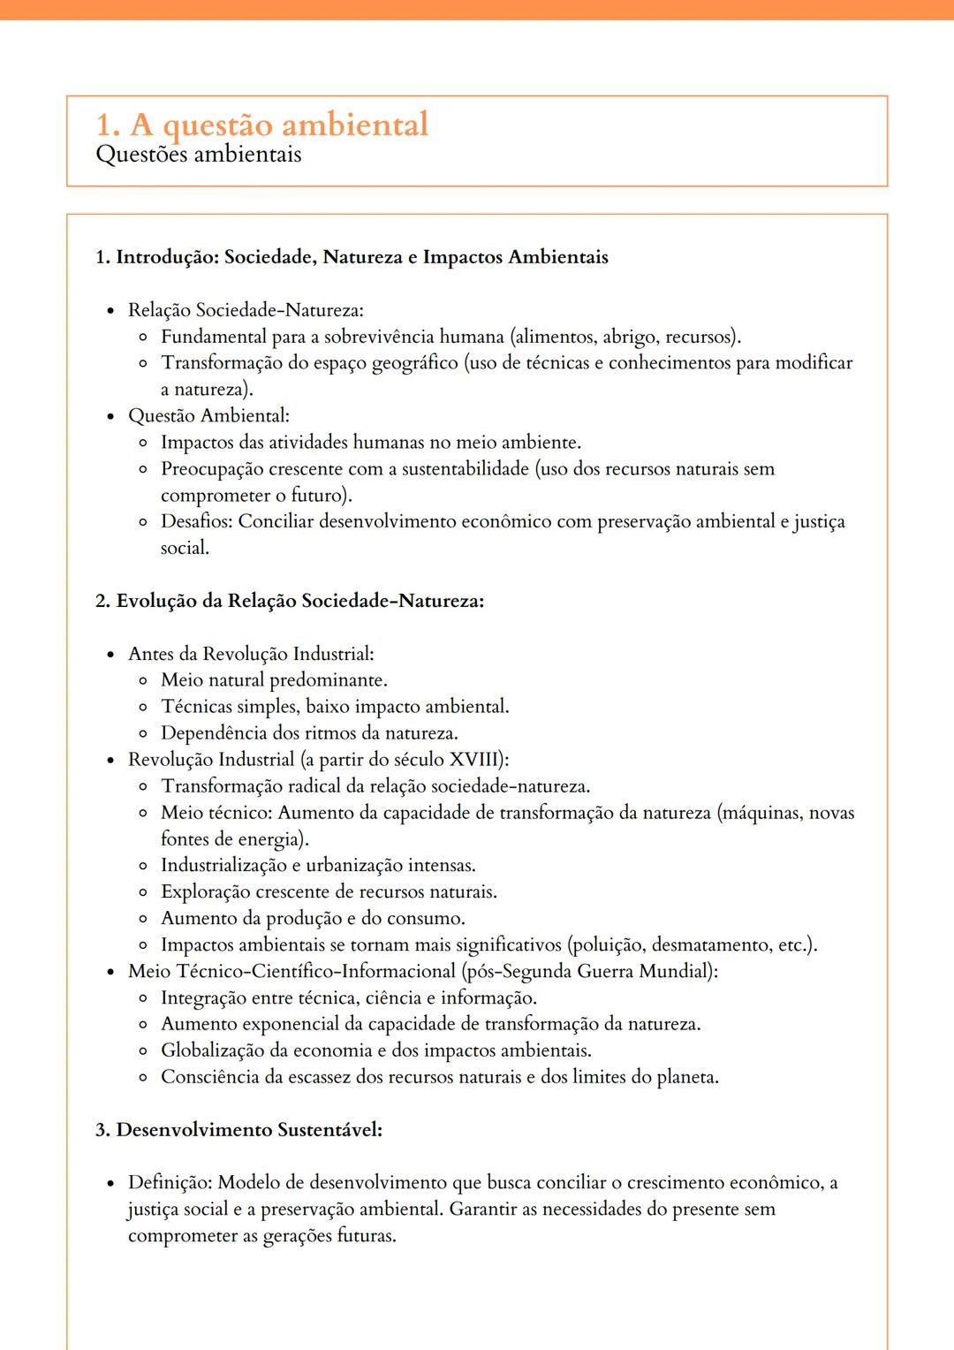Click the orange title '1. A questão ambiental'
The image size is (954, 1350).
tap(261, 125)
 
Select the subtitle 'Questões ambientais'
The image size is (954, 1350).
tap(198, 155)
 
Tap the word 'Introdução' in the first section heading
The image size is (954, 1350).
tap(167, 257)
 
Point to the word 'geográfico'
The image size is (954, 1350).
tap(414, 363)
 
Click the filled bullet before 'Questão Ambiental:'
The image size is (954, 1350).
tap(110, 416)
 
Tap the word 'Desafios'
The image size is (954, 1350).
tap(196, 521)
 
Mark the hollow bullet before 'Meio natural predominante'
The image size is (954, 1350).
tap(143, 681)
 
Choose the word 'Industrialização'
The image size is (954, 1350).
tap(223, 866)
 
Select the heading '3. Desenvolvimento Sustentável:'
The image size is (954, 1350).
tap(238, 1130)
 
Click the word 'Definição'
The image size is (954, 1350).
tap(169, 1183)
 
